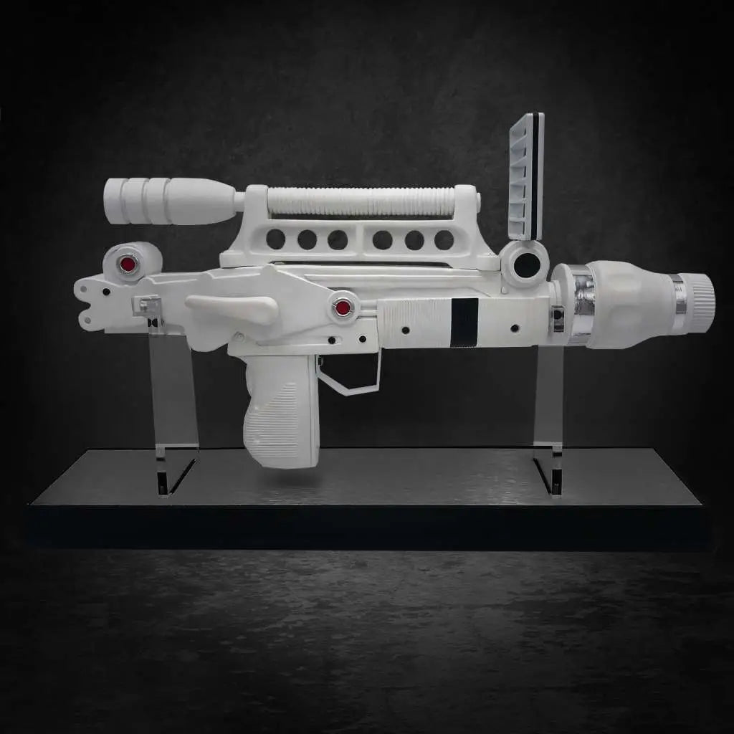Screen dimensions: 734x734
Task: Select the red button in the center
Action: pos(343,308)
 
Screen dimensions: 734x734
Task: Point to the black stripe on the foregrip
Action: pos(464,322)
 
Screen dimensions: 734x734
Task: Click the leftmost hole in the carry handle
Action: pos(276,239)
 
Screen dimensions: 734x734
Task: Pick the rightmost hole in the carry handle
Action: pos(444,239)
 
